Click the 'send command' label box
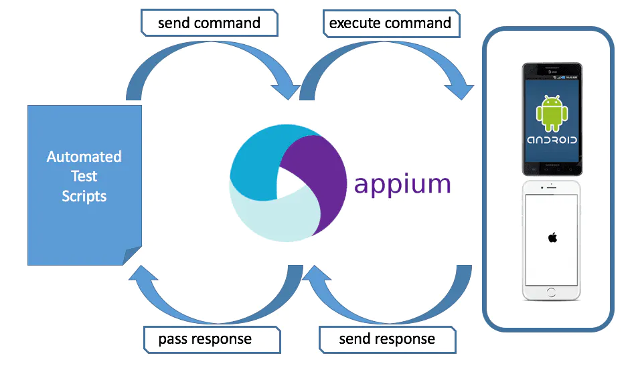(x=209, y=23)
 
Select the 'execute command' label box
(x=390, y=23)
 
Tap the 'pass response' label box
(x=205, y=339)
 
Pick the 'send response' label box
(x=387, y=339)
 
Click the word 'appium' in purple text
(x=402, y=183)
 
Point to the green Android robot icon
(x=552, y=112)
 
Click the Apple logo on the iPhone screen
(x=552, y=238)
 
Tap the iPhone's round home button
(x=551, y=292)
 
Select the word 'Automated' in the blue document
(x=84, y=157)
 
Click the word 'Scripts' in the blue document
(x=84, y=196)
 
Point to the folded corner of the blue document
(x=133, y=256)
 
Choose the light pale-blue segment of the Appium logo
(x=268, y=214)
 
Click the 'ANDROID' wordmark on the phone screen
(x=552, y=140)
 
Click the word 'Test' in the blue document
(x=84, y=177)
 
